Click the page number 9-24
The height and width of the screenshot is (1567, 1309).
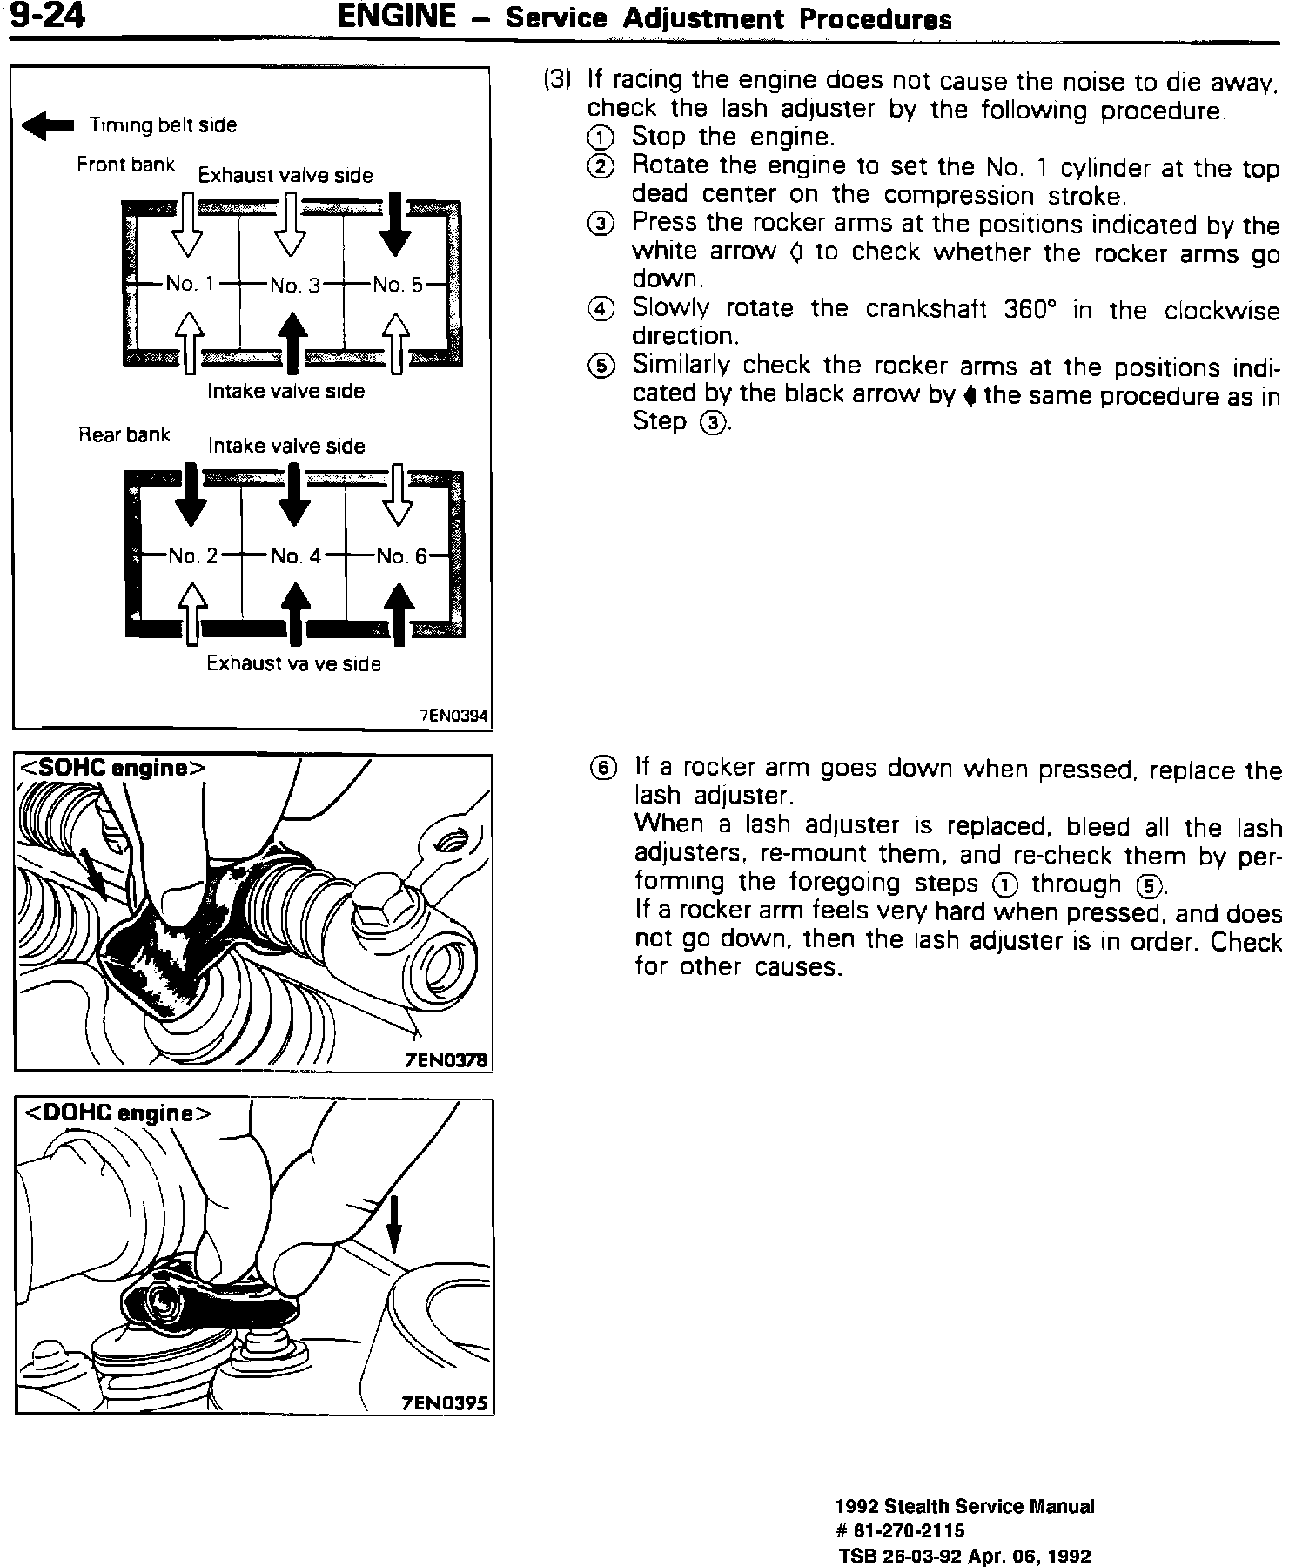[48, 17]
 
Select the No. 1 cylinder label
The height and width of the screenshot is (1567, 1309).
[190, 284]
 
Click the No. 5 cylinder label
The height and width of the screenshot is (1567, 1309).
[397, 284]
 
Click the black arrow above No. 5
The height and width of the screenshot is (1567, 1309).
[396, 225]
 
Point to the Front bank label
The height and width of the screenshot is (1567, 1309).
[125, 165]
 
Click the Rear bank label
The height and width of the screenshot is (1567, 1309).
[124, 434]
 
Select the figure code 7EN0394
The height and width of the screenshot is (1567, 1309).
[454, 716]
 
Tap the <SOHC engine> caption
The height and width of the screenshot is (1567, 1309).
[113, 769]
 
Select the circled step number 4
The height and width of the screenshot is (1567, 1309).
[601, 310]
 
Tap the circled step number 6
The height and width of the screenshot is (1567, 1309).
[602, 768]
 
